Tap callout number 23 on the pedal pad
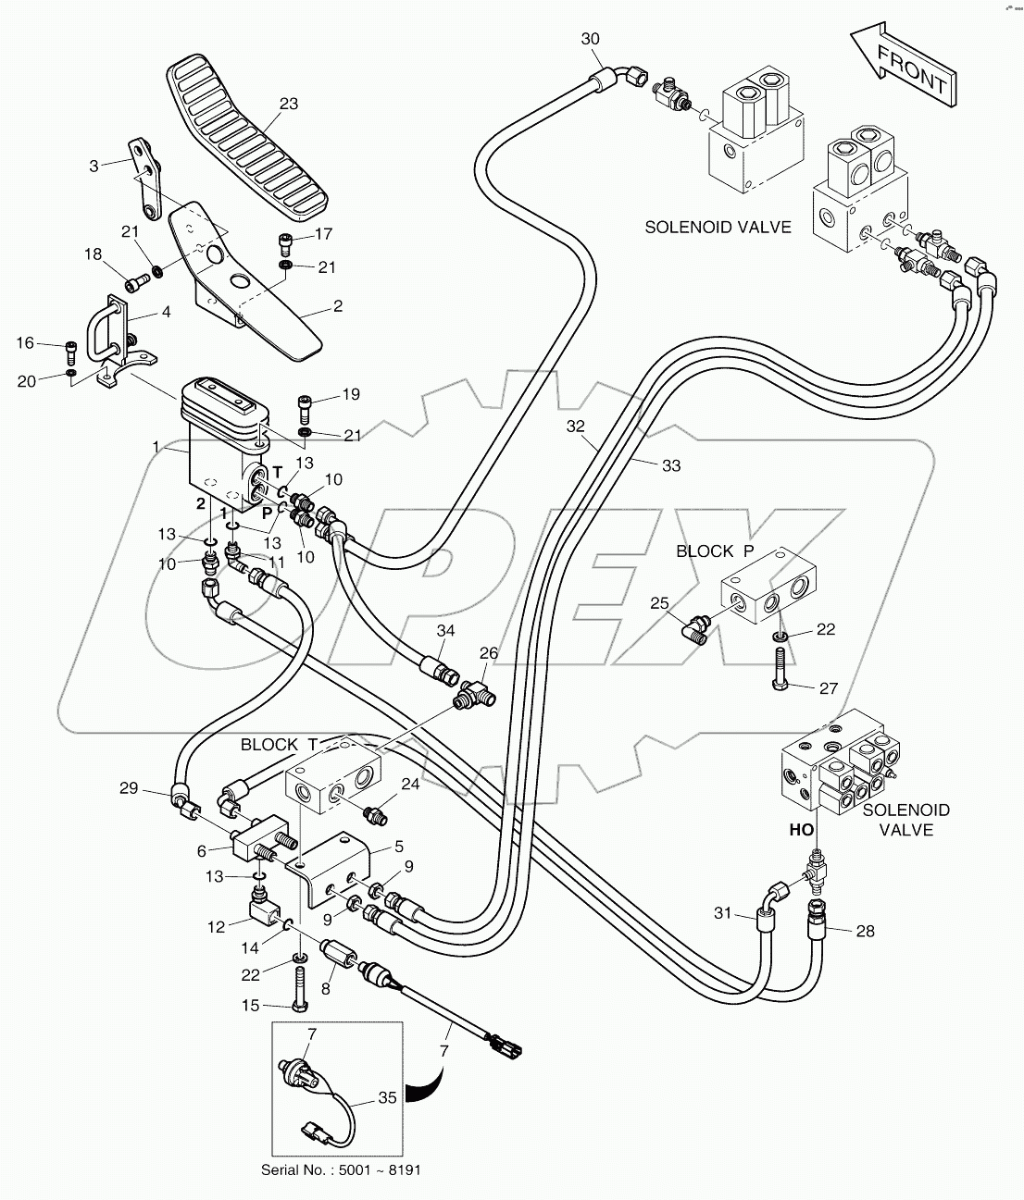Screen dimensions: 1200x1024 [289, 105]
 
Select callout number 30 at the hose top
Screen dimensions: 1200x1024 [590, 39]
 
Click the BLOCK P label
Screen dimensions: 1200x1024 [715, 551]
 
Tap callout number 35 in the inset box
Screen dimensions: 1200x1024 [387, 1098]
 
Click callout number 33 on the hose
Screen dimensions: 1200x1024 [670, 465]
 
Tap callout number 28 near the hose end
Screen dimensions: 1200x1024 [865, 931]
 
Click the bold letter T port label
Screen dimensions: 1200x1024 [276, 472]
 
